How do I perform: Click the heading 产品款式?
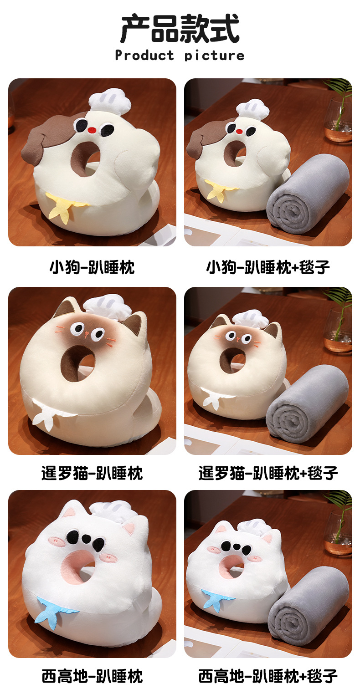(180, 29)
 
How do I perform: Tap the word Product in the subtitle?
(144, 56)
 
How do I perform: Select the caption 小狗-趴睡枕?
(92, 267)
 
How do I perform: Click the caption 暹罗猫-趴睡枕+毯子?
(268, 473)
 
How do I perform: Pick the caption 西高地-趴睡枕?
(92, 676)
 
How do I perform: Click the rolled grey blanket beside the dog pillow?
(308, 196)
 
